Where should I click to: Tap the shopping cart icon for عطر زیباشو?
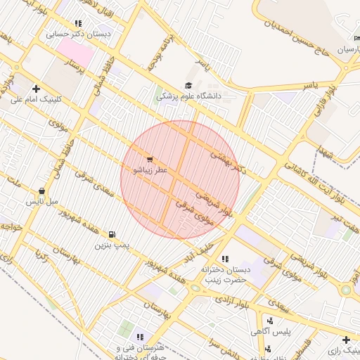(149, 159)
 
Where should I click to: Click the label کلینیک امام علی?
(37, 99)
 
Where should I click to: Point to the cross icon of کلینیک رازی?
(346, 340)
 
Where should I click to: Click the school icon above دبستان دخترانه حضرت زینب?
(225, 259)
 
